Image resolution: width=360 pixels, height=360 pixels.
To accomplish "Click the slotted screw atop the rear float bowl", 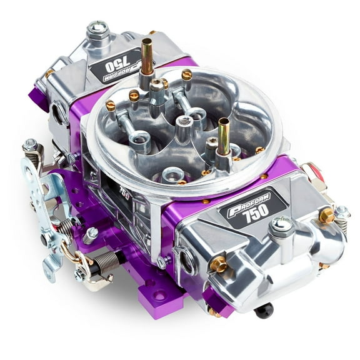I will (x=97, y=28).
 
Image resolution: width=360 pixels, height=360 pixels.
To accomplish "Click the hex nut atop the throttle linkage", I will (x=29, y=146).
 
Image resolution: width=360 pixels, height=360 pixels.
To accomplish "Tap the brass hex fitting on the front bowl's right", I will (x=326, y=216).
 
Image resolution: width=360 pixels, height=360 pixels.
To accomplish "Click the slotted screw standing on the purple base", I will (x=91, y=235).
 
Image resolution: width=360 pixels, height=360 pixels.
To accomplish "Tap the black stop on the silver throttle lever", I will (x=44, y=237).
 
